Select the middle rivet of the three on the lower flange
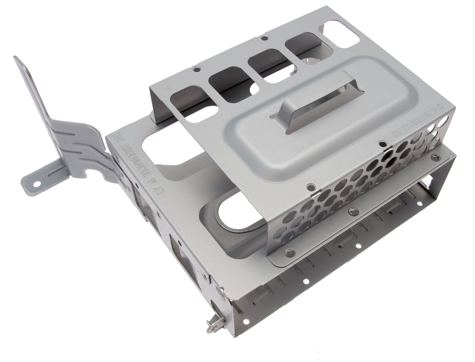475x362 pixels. click(352, 211)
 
